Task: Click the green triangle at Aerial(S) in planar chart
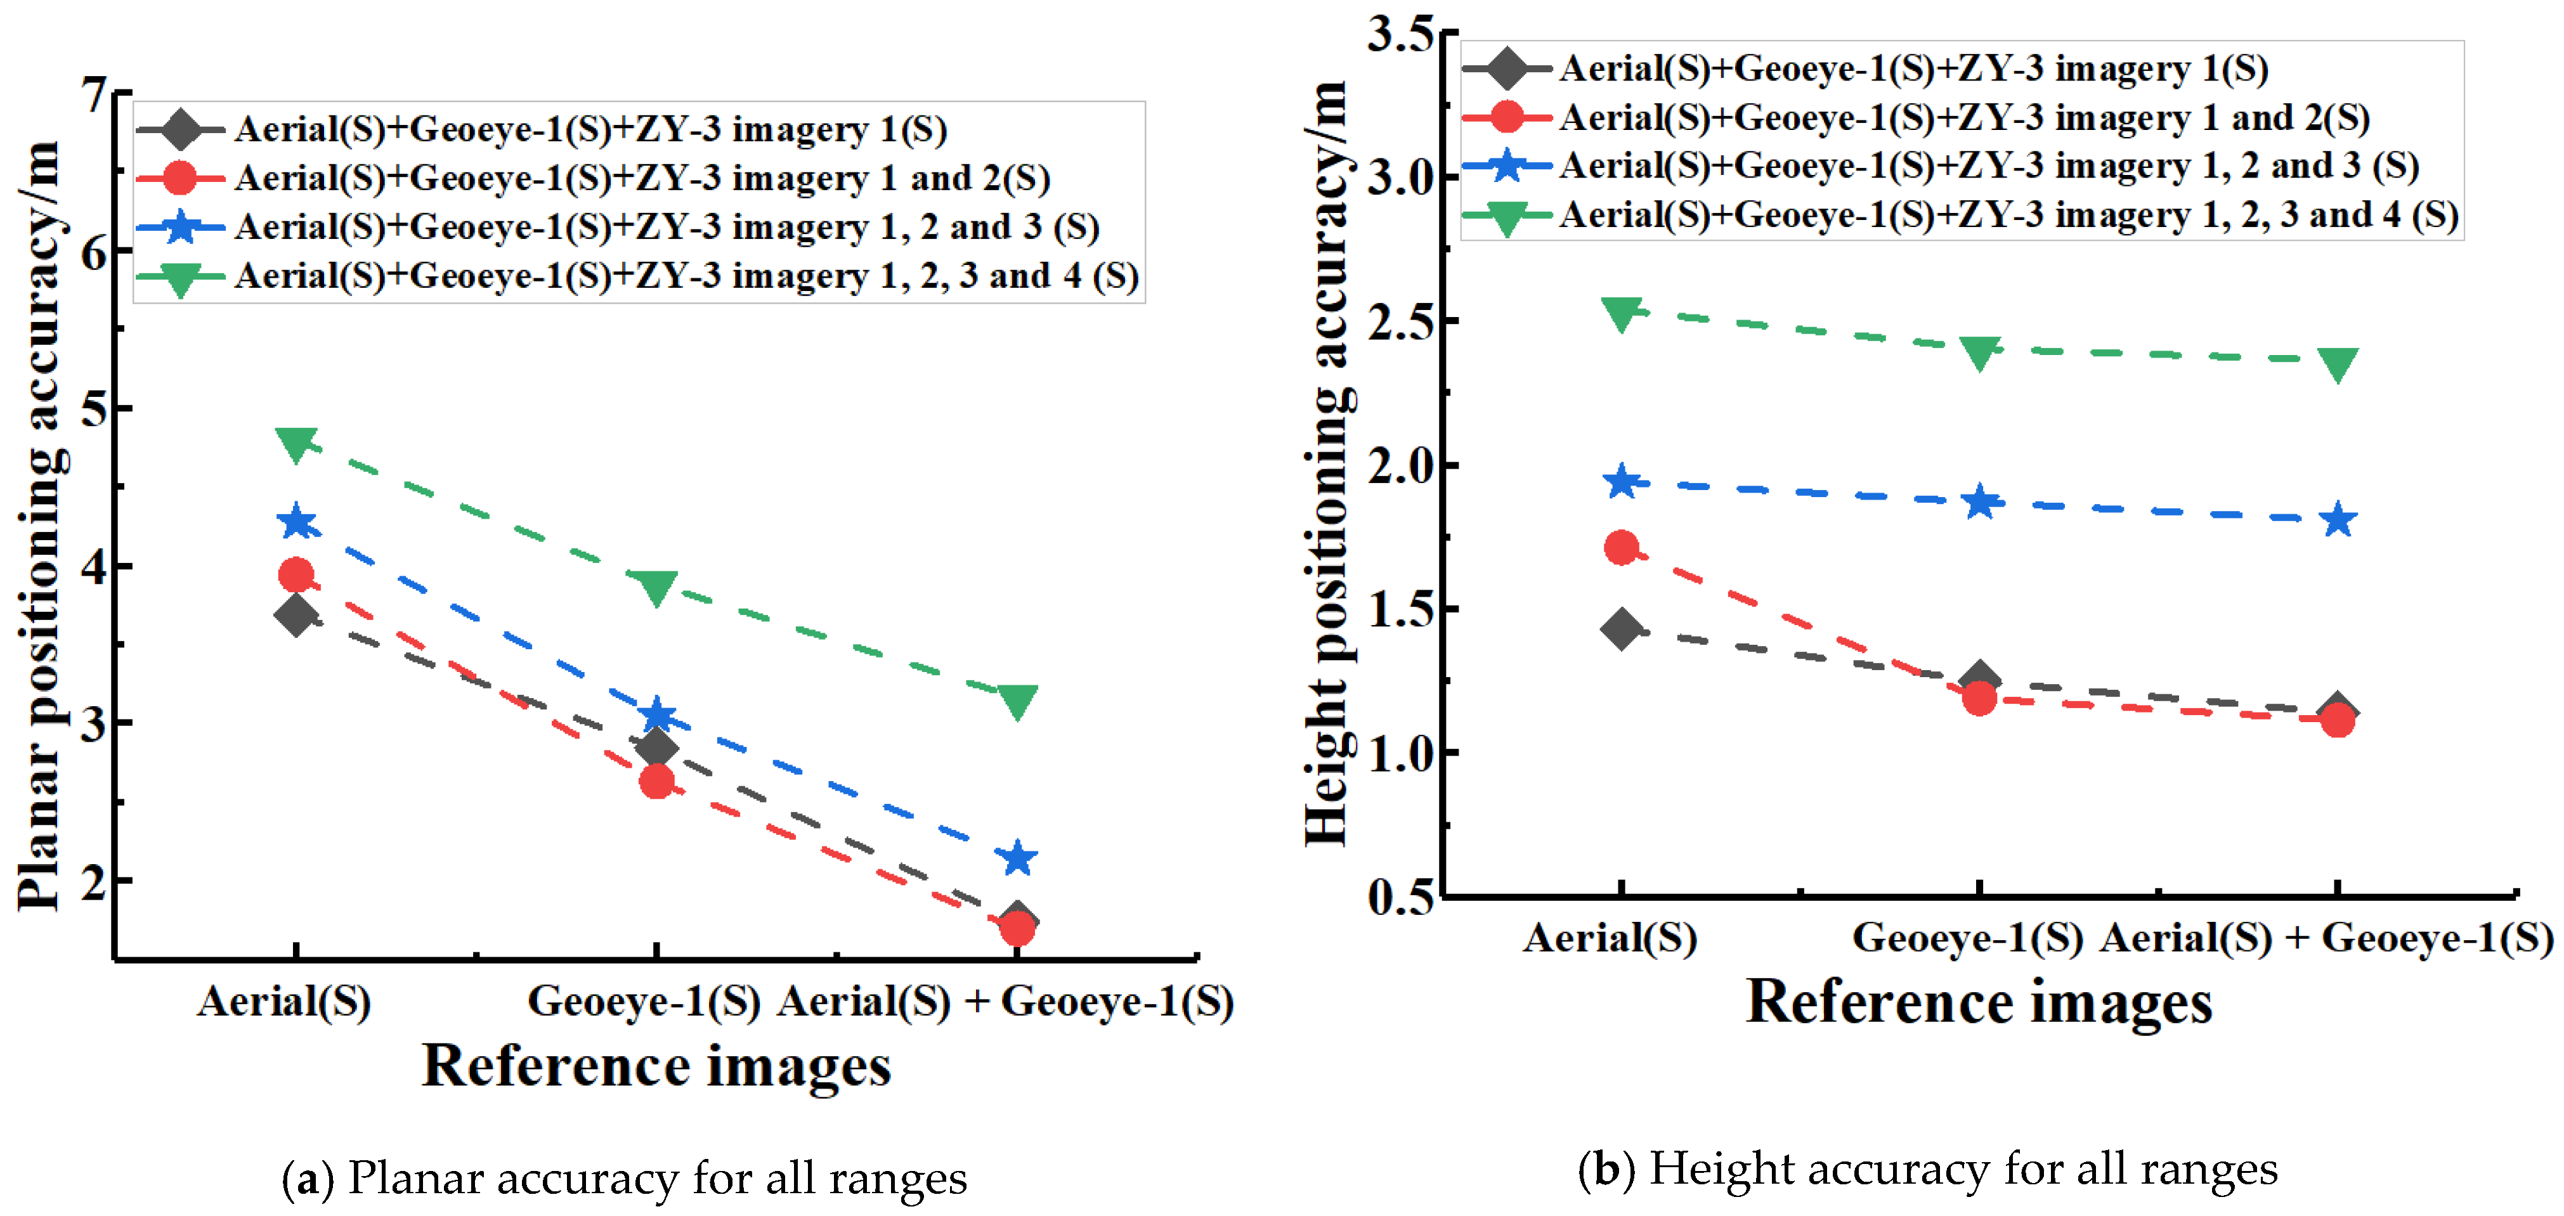coord(296,443)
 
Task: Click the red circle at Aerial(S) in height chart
coord(1622,547)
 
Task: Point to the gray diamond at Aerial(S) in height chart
coord(1622,629)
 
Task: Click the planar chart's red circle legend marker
coord(180,178)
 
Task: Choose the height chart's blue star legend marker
coord(1507,165)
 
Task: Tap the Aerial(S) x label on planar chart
coord(283,1001)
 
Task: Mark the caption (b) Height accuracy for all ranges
coord(1928,1169)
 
